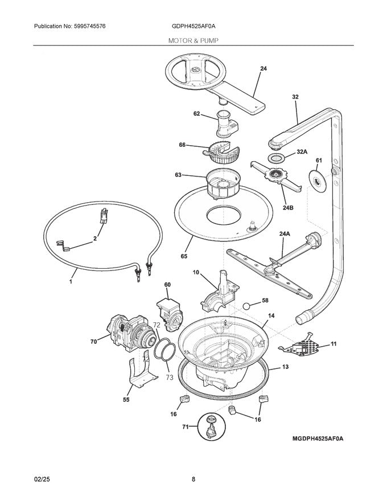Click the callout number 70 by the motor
click(x=94, y=342)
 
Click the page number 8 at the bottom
click(x=193, y=479)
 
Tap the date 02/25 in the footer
click(x=43, y=479)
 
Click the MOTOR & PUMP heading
click(x=193, y=40)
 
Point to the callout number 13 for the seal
click(x=285, y=367)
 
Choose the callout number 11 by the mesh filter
click(x=334, y=344)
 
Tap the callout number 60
click(x=167, y=284)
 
